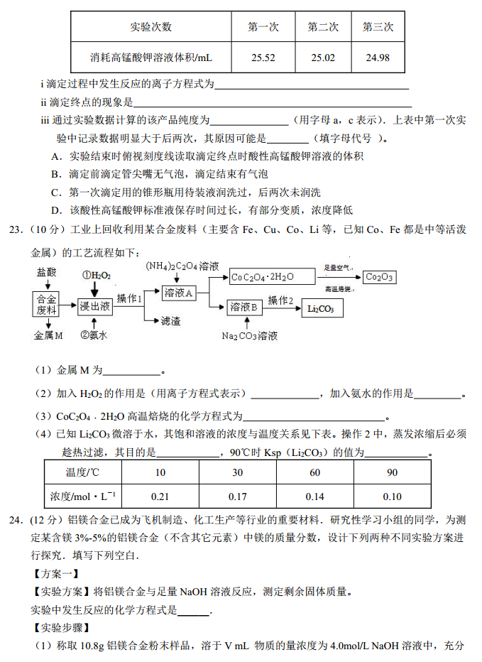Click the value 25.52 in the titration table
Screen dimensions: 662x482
pyautogui.click(x=263, y=58)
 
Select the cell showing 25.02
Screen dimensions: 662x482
pyautogui.click(x=322, y=58)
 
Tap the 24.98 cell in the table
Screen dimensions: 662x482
pyautogui.click(x=378, y=58)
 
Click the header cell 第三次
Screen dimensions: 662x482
pyautogui.click(x=378, y=27)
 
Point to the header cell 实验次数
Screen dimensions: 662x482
pyautogui.click(x=151, y=27)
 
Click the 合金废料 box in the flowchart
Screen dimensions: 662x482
pyautogui.click(x=46, y=304)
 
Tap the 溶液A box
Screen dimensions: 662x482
pyautogui.click(x=179, y=293)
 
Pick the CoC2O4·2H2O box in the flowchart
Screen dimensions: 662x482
pyautogui.click(x=262, y=277)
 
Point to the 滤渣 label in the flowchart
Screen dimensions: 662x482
pyautogui.click(x=171, y=321)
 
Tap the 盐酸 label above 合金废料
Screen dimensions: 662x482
pyautogui.click(x=47, y=272)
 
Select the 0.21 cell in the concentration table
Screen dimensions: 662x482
pyautogui.click(x=160, y=496)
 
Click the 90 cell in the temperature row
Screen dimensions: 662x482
pyautogui.click(x=393, y=472)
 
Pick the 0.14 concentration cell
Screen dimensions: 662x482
pyautogui.click(x=314, y=496)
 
